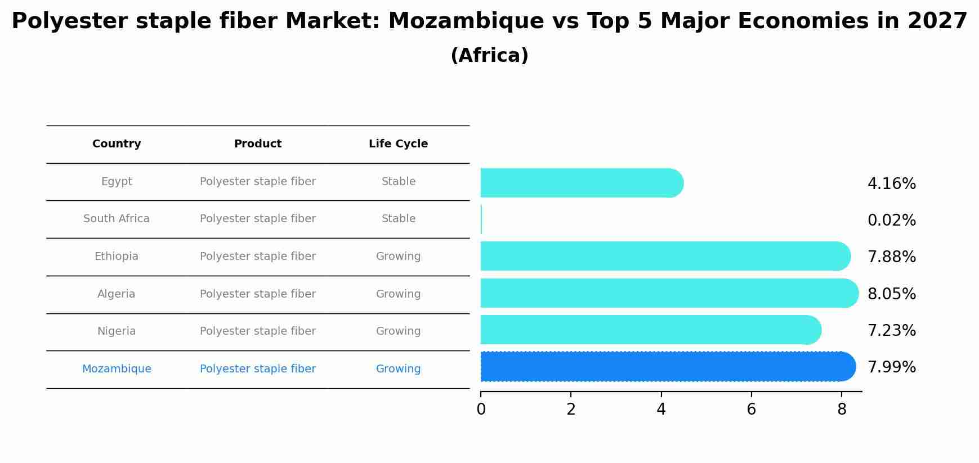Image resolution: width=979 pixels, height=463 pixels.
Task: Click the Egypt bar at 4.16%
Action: pos(580,183)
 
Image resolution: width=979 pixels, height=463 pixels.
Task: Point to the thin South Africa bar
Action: pos(481,219)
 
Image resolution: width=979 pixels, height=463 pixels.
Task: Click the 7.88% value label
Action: pos(891,257)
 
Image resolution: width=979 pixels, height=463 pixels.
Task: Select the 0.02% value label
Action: pos(891,221)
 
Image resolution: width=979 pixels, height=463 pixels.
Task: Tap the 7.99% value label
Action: pos(891,367)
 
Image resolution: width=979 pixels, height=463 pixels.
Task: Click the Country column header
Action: pos(117,144)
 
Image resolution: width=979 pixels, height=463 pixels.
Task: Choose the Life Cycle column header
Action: pos(398,144)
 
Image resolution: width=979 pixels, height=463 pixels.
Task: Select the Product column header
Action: pos(257,144)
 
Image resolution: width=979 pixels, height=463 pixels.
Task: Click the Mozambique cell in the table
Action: pos(117,369)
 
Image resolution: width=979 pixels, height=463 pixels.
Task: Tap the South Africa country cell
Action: pos(117,219)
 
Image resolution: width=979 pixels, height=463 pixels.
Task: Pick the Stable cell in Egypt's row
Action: pos(398,182)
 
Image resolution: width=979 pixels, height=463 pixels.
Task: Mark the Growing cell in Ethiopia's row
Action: pos(398,257)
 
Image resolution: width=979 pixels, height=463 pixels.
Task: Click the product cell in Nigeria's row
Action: pos(257,331)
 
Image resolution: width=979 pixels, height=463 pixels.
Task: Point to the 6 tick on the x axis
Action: pos(751,410)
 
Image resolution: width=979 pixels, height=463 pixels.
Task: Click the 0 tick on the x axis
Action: pos(481,410)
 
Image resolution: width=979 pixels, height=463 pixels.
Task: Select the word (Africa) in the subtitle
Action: pos(489,56)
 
